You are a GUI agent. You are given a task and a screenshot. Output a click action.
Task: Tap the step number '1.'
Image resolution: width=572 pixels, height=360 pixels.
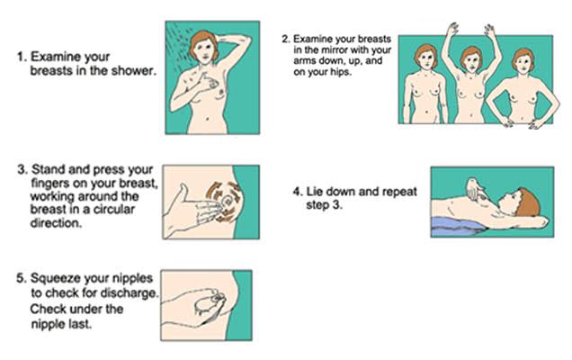point(22,57)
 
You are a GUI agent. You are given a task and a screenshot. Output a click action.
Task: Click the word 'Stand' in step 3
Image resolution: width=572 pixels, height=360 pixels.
point(49,169)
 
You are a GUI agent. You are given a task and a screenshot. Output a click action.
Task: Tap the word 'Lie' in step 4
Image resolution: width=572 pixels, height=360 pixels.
point(314,192)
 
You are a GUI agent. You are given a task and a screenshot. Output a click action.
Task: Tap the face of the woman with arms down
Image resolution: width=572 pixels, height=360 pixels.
point(426,60)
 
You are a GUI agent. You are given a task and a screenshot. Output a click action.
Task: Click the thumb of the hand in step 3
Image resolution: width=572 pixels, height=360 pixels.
point(183,192)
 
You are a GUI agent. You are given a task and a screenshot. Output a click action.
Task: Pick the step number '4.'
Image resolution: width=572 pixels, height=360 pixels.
point(298,192)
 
